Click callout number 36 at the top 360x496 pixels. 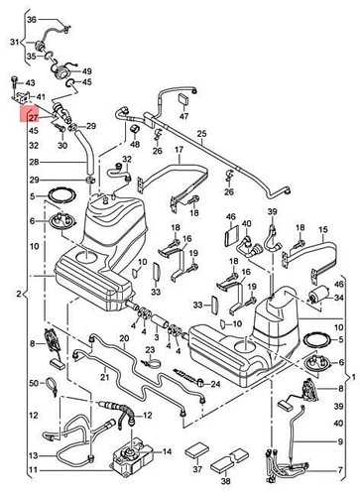[32, 20]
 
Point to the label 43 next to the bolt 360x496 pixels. [30, 82]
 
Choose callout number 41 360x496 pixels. [43, 96]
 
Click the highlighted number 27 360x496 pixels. [33, 118]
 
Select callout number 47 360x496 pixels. [182, 116]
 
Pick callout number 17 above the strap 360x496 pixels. [180, 152]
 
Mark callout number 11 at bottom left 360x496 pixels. [33, 469]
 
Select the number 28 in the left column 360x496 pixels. [33, 162]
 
